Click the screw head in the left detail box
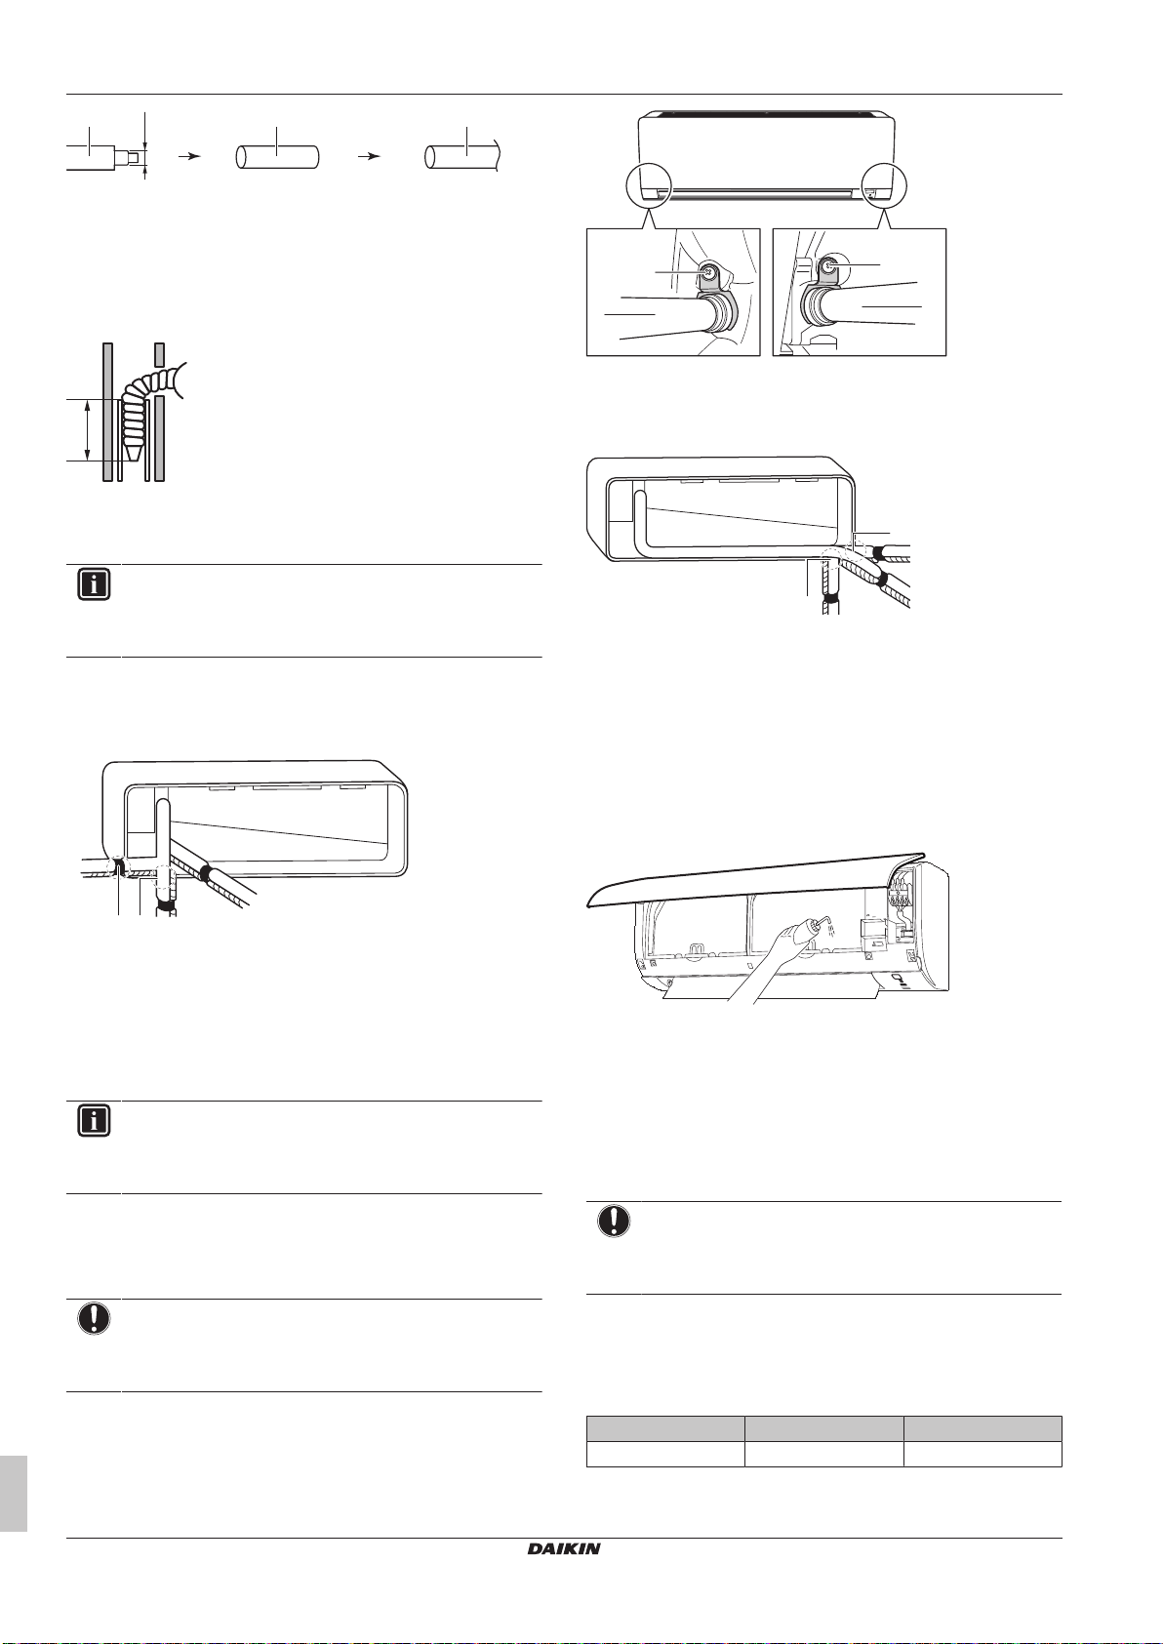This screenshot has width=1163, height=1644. (x=709, y=272)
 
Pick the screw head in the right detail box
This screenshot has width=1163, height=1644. (x=829, y=267)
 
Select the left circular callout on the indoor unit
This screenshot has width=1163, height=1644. (x=650, y=186)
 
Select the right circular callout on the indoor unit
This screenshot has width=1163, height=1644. (x=884, y=186)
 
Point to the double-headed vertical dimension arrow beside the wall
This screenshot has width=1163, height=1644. (x=88, y=430)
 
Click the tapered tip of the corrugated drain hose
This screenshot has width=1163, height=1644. (x=133, y=451)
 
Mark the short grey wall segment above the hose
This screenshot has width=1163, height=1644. (x=158, y=354)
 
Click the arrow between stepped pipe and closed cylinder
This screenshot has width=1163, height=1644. (x=190, y=156)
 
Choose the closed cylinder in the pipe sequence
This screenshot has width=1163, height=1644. (x=277, y=157)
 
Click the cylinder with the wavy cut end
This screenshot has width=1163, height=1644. (x=463, y=157)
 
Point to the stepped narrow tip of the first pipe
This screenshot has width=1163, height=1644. (x=132, y=156)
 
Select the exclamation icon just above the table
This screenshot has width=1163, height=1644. (x=614, y=1222)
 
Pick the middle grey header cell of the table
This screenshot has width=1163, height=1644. (x=824, y=1429)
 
